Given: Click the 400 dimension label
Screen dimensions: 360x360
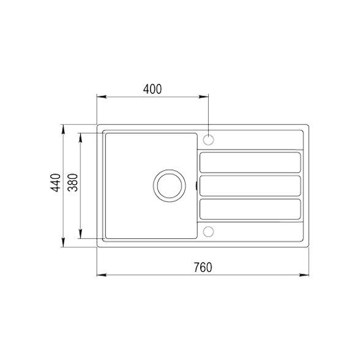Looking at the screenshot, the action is click(152, 89).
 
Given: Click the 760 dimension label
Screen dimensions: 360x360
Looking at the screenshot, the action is click(203, 268).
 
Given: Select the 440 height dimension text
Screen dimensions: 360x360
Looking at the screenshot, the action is click(56, 182).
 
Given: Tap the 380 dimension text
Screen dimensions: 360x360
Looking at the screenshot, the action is click(73, 182).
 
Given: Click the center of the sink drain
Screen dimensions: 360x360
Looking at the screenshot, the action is click(170, 186).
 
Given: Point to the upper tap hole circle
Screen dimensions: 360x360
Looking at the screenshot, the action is click(208, 140).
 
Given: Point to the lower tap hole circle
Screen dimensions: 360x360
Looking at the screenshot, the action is click(208, 231).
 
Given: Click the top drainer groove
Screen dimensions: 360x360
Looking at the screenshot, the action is click(250, 162).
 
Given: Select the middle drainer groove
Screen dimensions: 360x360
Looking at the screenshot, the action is click(250, 186).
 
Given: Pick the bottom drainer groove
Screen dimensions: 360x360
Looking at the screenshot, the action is click(250, 209).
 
